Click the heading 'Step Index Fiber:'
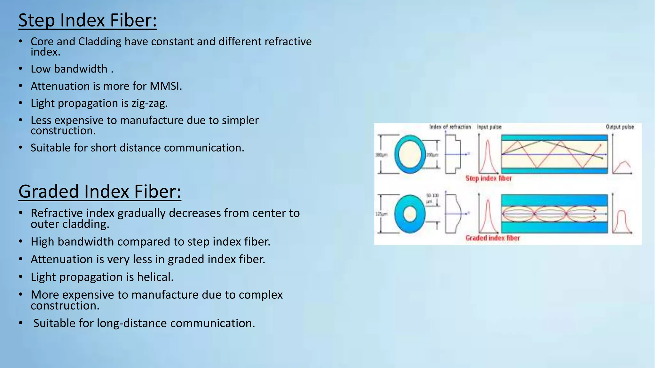(88, 20)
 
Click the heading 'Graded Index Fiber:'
(100, 192)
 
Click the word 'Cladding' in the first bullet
(100, 42)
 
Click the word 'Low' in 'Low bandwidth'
(41, 69)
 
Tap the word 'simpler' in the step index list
(240, 120)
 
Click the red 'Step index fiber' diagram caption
(488, 178)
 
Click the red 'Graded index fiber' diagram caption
(493, 238)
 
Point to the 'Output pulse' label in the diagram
(619, 127)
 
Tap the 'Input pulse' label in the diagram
(489, 127)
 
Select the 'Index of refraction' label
(450, 127)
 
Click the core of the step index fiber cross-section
(410, 154)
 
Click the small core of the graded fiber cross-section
(410, 214)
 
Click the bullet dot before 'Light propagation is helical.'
(20, 277)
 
